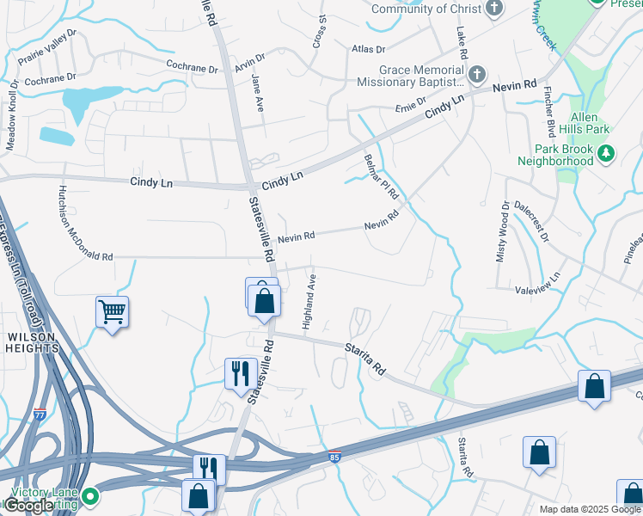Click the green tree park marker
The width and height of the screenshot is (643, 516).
607,154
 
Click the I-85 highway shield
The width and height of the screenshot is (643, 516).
334,455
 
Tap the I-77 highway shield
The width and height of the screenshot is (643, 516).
40,414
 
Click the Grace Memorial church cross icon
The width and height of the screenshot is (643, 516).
478,73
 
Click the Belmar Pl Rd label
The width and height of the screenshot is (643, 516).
376,178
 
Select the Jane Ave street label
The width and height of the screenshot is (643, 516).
258,92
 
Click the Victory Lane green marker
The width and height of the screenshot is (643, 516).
89,496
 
